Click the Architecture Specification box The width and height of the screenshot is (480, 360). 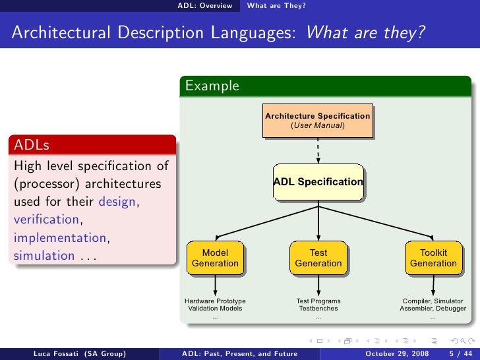click(317, 120)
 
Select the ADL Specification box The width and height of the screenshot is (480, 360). click(318, 181)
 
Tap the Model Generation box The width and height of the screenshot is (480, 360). click(215, 258)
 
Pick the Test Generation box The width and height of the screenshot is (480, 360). click(318, 258)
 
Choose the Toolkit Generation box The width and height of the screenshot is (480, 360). click(433, 258)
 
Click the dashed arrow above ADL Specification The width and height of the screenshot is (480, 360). click(318, 151)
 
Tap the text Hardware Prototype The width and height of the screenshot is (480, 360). click(215, 301)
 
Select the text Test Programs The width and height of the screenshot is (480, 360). click(318, 301)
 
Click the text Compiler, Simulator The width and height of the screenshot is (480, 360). click(433, 301)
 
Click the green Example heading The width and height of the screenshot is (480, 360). click(212, 86)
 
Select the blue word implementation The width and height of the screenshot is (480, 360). click(59, 237)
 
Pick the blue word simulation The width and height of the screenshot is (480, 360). click(44, 255)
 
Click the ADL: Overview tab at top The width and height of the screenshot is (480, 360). click(204, 6)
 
